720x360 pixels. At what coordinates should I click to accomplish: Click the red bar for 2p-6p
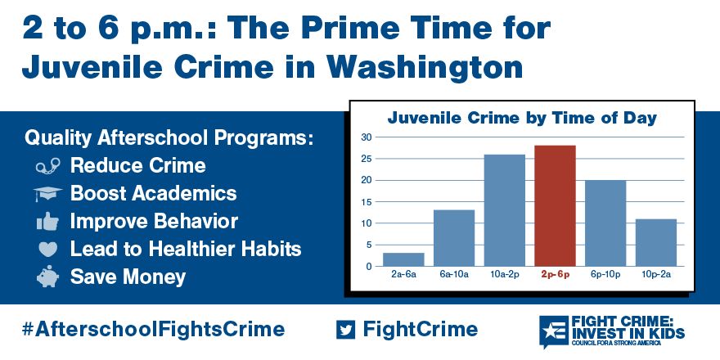click(555, 205)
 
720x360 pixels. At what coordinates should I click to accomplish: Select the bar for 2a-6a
click(403, 259)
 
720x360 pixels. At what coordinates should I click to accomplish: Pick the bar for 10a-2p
click(505, 210)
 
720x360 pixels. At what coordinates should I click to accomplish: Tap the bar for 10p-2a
click(655, 243)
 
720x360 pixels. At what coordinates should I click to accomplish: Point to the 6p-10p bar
click(605, 223)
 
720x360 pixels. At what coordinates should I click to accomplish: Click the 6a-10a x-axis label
click(453, 276)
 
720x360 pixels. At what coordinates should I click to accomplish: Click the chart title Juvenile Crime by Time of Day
click(522, 118)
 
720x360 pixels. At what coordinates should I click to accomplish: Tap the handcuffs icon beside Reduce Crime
click(47, 166)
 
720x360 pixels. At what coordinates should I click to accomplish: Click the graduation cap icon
click(47, 194)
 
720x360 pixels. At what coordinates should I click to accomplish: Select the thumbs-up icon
click(47, 222)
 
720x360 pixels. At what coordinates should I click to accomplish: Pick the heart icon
click(47, 250)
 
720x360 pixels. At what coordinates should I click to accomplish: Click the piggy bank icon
click(47, 277)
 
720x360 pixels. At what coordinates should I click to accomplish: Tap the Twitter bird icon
click(345, 329)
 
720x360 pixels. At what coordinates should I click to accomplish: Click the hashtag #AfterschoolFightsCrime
click(153, 329)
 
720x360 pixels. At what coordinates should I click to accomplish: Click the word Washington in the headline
click(425, 67)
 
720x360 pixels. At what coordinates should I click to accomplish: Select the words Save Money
click(128, 277)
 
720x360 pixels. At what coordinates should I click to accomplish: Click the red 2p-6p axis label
click(555, 276)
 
